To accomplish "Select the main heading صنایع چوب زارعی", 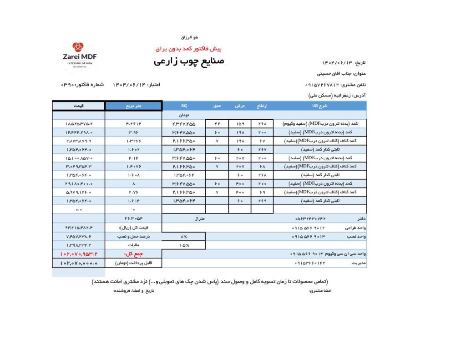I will pyautogui.click(x=189, y=61).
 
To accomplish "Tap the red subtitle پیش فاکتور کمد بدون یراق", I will pyautogui.click(x=188, y=48).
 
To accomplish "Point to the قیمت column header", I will pyautogui.click(x=78, y=106).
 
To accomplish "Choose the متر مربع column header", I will pyautogui.click(x=133, y=106).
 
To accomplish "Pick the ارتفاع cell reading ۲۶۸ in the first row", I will pyautogui.click(x=262, y=123).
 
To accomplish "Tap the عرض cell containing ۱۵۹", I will pyautogui.click(x=239, y=123).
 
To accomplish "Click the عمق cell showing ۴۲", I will pyautogui.click(x=217, y=123).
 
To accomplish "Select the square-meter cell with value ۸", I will pyautogui.click(x=133, y=183).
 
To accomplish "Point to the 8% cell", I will pyautogui.click(x=184, y=237).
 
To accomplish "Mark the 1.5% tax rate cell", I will pyautogui.click(x=184, y=245).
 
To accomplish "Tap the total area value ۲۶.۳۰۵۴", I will pyautogui.click(x=133, y=219).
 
